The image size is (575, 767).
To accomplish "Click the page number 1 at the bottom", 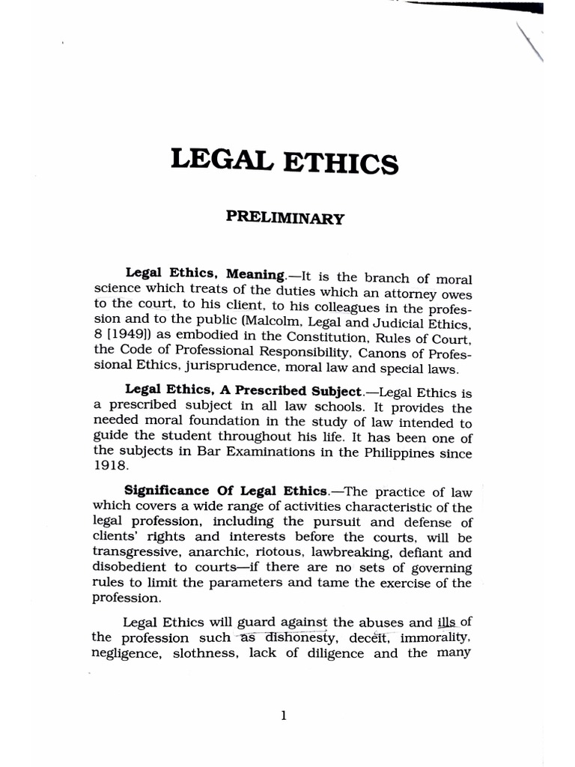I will click(x=283, y=715).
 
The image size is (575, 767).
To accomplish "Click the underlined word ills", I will click(x=446, y=622).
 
